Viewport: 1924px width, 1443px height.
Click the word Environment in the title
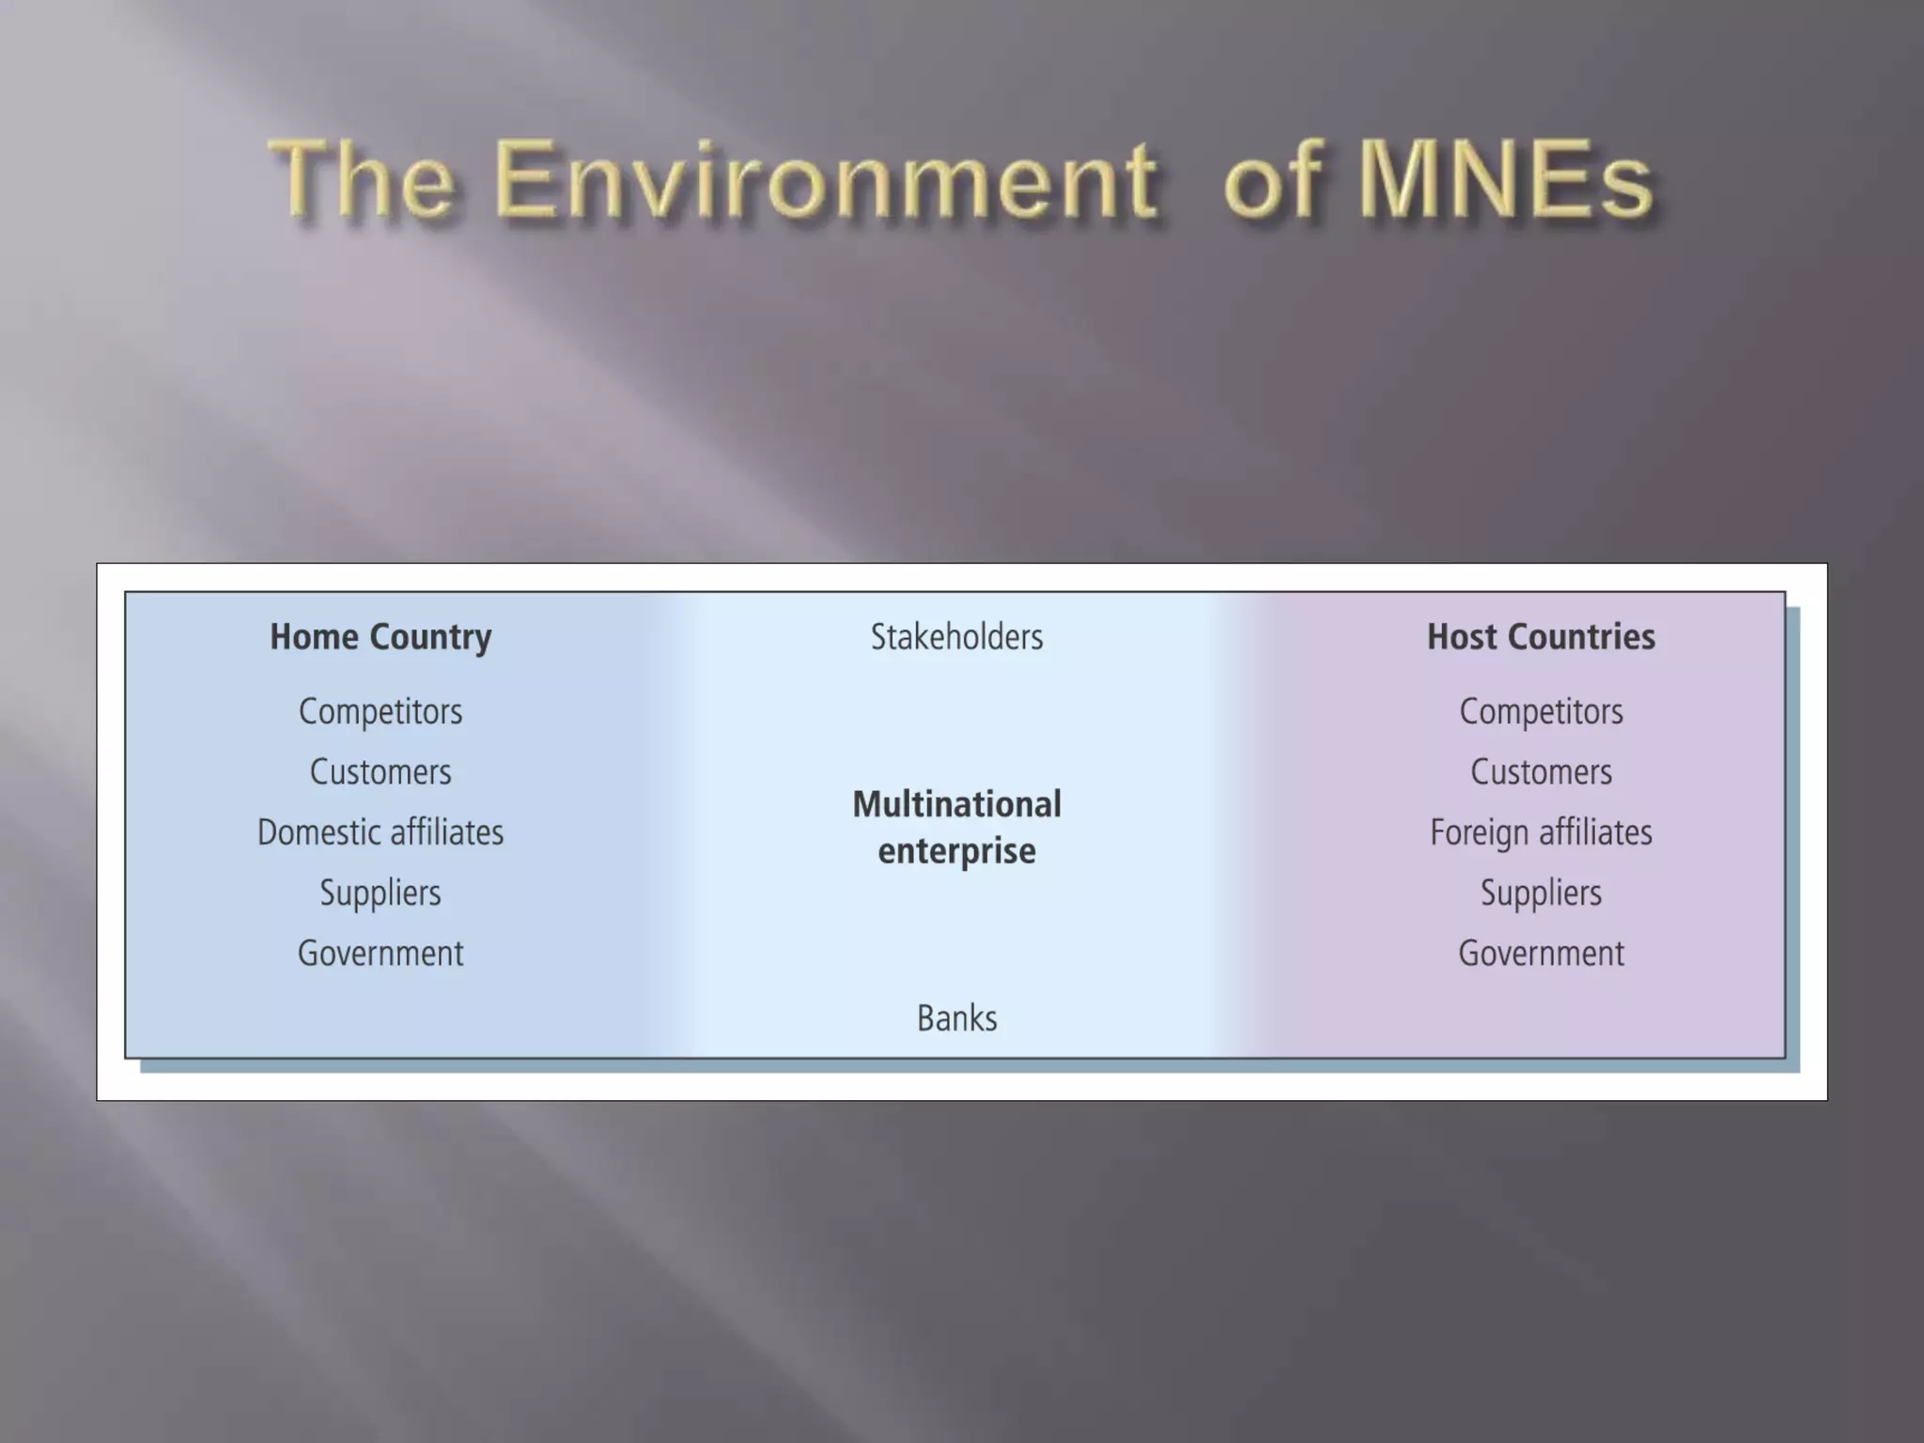tap(825, 180)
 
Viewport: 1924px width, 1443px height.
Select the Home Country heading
tap(380, 637)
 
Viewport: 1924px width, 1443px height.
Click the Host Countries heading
tap(1541, 637)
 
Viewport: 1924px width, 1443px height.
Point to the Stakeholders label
tap(956, 637)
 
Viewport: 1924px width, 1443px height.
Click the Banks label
tap(956, 1018)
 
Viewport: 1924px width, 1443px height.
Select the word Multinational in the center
tap(956, 804)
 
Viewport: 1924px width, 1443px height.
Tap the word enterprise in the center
tap(956, 851)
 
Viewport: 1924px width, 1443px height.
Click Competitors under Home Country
tap(380, 711)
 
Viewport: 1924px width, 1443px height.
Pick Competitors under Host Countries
tap(1541, 711)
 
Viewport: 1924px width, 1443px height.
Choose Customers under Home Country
tap(380, 772)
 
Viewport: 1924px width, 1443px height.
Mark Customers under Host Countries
tap(1541, 772)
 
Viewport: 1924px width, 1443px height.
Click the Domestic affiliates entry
tap(380, 832)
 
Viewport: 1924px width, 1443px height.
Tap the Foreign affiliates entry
tap(1541, 832)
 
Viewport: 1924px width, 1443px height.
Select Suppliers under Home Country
tap(380, 892)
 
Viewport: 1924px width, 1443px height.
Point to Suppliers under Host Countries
tap(1541, 892)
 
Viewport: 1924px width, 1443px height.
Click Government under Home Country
tap(380, 954)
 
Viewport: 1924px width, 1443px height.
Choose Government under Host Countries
tap(1541, 954)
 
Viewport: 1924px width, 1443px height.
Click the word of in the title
tap(1274, 180)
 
